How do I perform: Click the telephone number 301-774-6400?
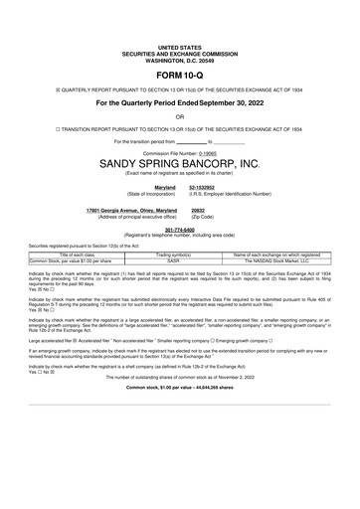pyautogui.click(x=179, y=229)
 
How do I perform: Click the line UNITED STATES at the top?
pyautogui.click(x=179, y=46)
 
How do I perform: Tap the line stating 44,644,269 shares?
pyautogui.click(x=179, y=414)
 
